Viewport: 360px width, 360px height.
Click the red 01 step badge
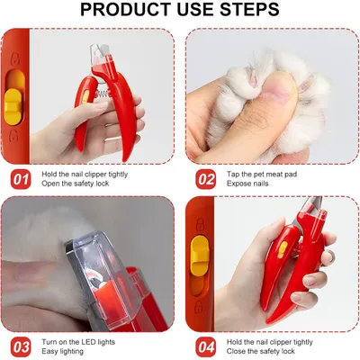coord(21,179)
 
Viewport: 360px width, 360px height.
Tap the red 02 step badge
coord(206,179)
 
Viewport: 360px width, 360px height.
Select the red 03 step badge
coord(21,347)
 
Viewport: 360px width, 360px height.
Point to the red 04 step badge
coord(206,347)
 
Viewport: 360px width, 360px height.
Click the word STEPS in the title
coord(249,9)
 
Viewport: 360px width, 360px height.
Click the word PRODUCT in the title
coord(126,9)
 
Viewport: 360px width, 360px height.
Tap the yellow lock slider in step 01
coord(13,106)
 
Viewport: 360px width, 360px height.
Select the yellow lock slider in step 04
coord(200,254)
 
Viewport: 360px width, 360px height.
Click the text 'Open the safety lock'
coord(76,184)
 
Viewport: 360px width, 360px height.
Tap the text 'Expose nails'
coord(247,184)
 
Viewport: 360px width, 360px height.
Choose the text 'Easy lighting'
coord(62,351)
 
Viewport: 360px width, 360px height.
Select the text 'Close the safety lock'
coord(261,351)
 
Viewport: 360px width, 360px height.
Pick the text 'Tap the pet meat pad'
coord(262,175)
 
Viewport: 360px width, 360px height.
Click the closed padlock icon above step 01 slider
coord(15,59)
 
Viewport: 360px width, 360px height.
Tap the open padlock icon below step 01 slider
coord(13,136)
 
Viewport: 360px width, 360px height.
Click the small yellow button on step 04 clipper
coord(282,250)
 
